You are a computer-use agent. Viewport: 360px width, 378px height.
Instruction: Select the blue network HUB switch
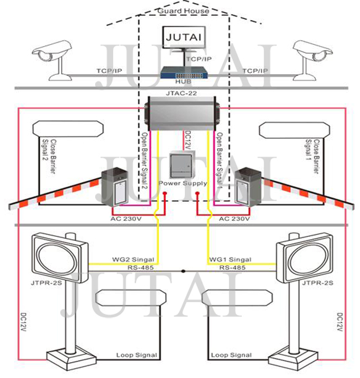pyautogui.click(x=183, y=73)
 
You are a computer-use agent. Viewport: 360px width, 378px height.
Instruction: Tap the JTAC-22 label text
pyautogui.click(x=181, y=94)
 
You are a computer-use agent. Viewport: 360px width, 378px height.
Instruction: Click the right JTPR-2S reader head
pyautogui.click(x=303, y=258)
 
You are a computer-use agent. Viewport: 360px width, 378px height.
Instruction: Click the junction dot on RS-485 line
pyautogui.click(x=183, y=271)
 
